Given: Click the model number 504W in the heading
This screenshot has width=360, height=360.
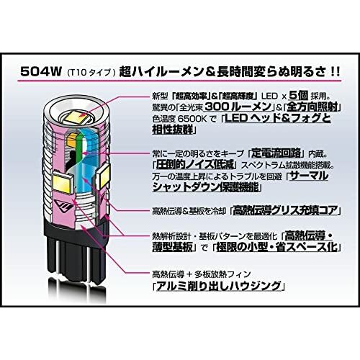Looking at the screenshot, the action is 41,71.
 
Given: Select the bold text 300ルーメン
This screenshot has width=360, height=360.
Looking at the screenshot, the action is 238,107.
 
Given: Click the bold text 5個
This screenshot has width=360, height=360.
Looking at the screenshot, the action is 298,96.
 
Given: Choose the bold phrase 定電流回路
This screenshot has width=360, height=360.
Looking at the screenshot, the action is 276,153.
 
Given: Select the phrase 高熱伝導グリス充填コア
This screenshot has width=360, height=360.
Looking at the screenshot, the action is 285,210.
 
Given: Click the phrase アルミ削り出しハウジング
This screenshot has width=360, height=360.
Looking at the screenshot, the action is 218,286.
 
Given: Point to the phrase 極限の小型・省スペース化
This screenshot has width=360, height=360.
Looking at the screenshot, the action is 276,247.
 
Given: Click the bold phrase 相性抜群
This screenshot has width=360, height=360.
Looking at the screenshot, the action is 173,130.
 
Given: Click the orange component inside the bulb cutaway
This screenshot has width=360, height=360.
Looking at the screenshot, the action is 73,139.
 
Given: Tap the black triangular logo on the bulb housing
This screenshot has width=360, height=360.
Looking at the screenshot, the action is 63,206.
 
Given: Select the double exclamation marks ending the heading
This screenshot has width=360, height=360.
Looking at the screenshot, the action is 334,72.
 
